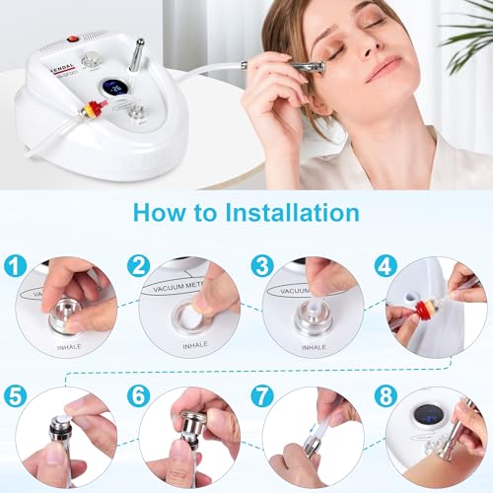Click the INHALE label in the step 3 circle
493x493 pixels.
[314, 347]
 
